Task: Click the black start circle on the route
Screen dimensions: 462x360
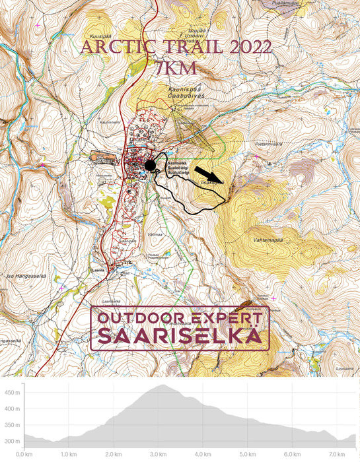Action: tap(151, 166)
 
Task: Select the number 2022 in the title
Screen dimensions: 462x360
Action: tap(247, 48)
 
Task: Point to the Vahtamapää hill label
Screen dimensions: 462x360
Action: tap(268, 241)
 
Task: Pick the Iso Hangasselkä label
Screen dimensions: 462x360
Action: tap(19, 275)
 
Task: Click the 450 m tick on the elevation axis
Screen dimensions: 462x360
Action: tap(12, 393)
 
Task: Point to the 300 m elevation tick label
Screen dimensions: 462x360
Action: tap(12, 441)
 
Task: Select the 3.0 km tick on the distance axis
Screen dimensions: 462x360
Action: tap(158, 455)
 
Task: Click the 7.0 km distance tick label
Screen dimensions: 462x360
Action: tap(337, 455)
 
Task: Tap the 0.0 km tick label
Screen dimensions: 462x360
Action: tap(24, 455)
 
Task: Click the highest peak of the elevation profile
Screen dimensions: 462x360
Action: tap(161, 385)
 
